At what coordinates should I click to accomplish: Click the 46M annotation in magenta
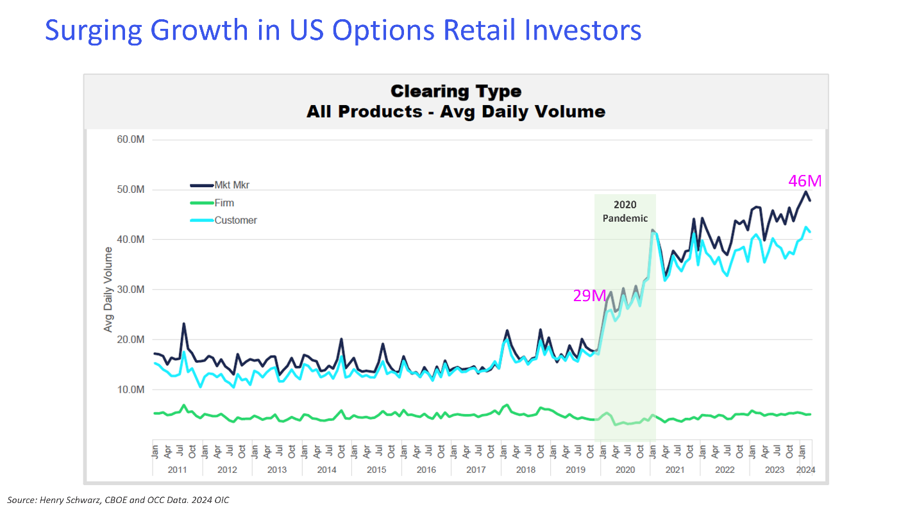(x=805, y=181)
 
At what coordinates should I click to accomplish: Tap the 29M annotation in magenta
(x=589, y=295)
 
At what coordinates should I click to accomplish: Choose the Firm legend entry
(x=224, y=203)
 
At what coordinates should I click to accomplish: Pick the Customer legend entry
(x=235, y=220)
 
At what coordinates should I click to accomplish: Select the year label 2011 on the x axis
(x=177, y=470)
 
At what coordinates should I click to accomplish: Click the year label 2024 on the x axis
(x=805, y=470)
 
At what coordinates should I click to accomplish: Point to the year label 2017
(x=476, y=470)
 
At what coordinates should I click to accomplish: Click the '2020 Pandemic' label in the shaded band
(x=625, y=211)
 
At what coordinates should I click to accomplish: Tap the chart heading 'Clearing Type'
(x=456, y=91)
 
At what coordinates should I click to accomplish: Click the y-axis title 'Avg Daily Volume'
(x=108, y=290)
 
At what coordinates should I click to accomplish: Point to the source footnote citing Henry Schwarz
(x=118, y=500)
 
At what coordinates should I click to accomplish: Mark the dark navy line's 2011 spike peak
(x=184, y=324)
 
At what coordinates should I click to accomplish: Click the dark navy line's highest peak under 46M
(x=806, y=192)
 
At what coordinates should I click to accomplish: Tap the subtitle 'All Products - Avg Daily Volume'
(x=456, y=111)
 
